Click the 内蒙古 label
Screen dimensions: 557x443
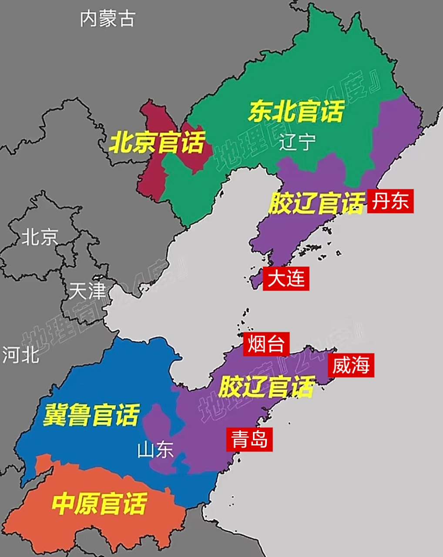pyautogui.click(x=107, y=19)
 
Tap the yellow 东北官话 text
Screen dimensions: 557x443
pyautogui.click(x=296, y=111)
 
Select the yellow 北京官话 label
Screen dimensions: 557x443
pyautogui.click(x=157, y=142)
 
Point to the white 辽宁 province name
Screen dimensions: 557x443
pyautogui.click(x=297, y=142)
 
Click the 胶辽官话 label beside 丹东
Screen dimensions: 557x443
pyautogui.click(x=316, y=203)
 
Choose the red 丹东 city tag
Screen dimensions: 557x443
pyautogui.click(x=390, y=201)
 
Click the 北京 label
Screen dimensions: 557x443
pyautogui.click(x=40, y=238)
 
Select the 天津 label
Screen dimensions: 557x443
pyautogui.click(x=87, y=291)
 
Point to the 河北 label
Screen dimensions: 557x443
pyautogui.click(x=21, y=355)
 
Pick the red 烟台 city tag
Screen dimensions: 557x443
pyautogui.click(x=266, y=344)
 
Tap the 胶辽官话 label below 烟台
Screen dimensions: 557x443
pyautogui.click(x=266, y=387)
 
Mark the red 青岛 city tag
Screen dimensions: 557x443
pyautogui.click(x=249, y=439)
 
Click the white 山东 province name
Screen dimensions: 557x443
pyautogui.click(x=155, y=450)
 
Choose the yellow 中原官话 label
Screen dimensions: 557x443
pyautogui.click(x=99, y=503)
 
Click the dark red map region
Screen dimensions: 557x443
pyautogui.click(x=152, y=174)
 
